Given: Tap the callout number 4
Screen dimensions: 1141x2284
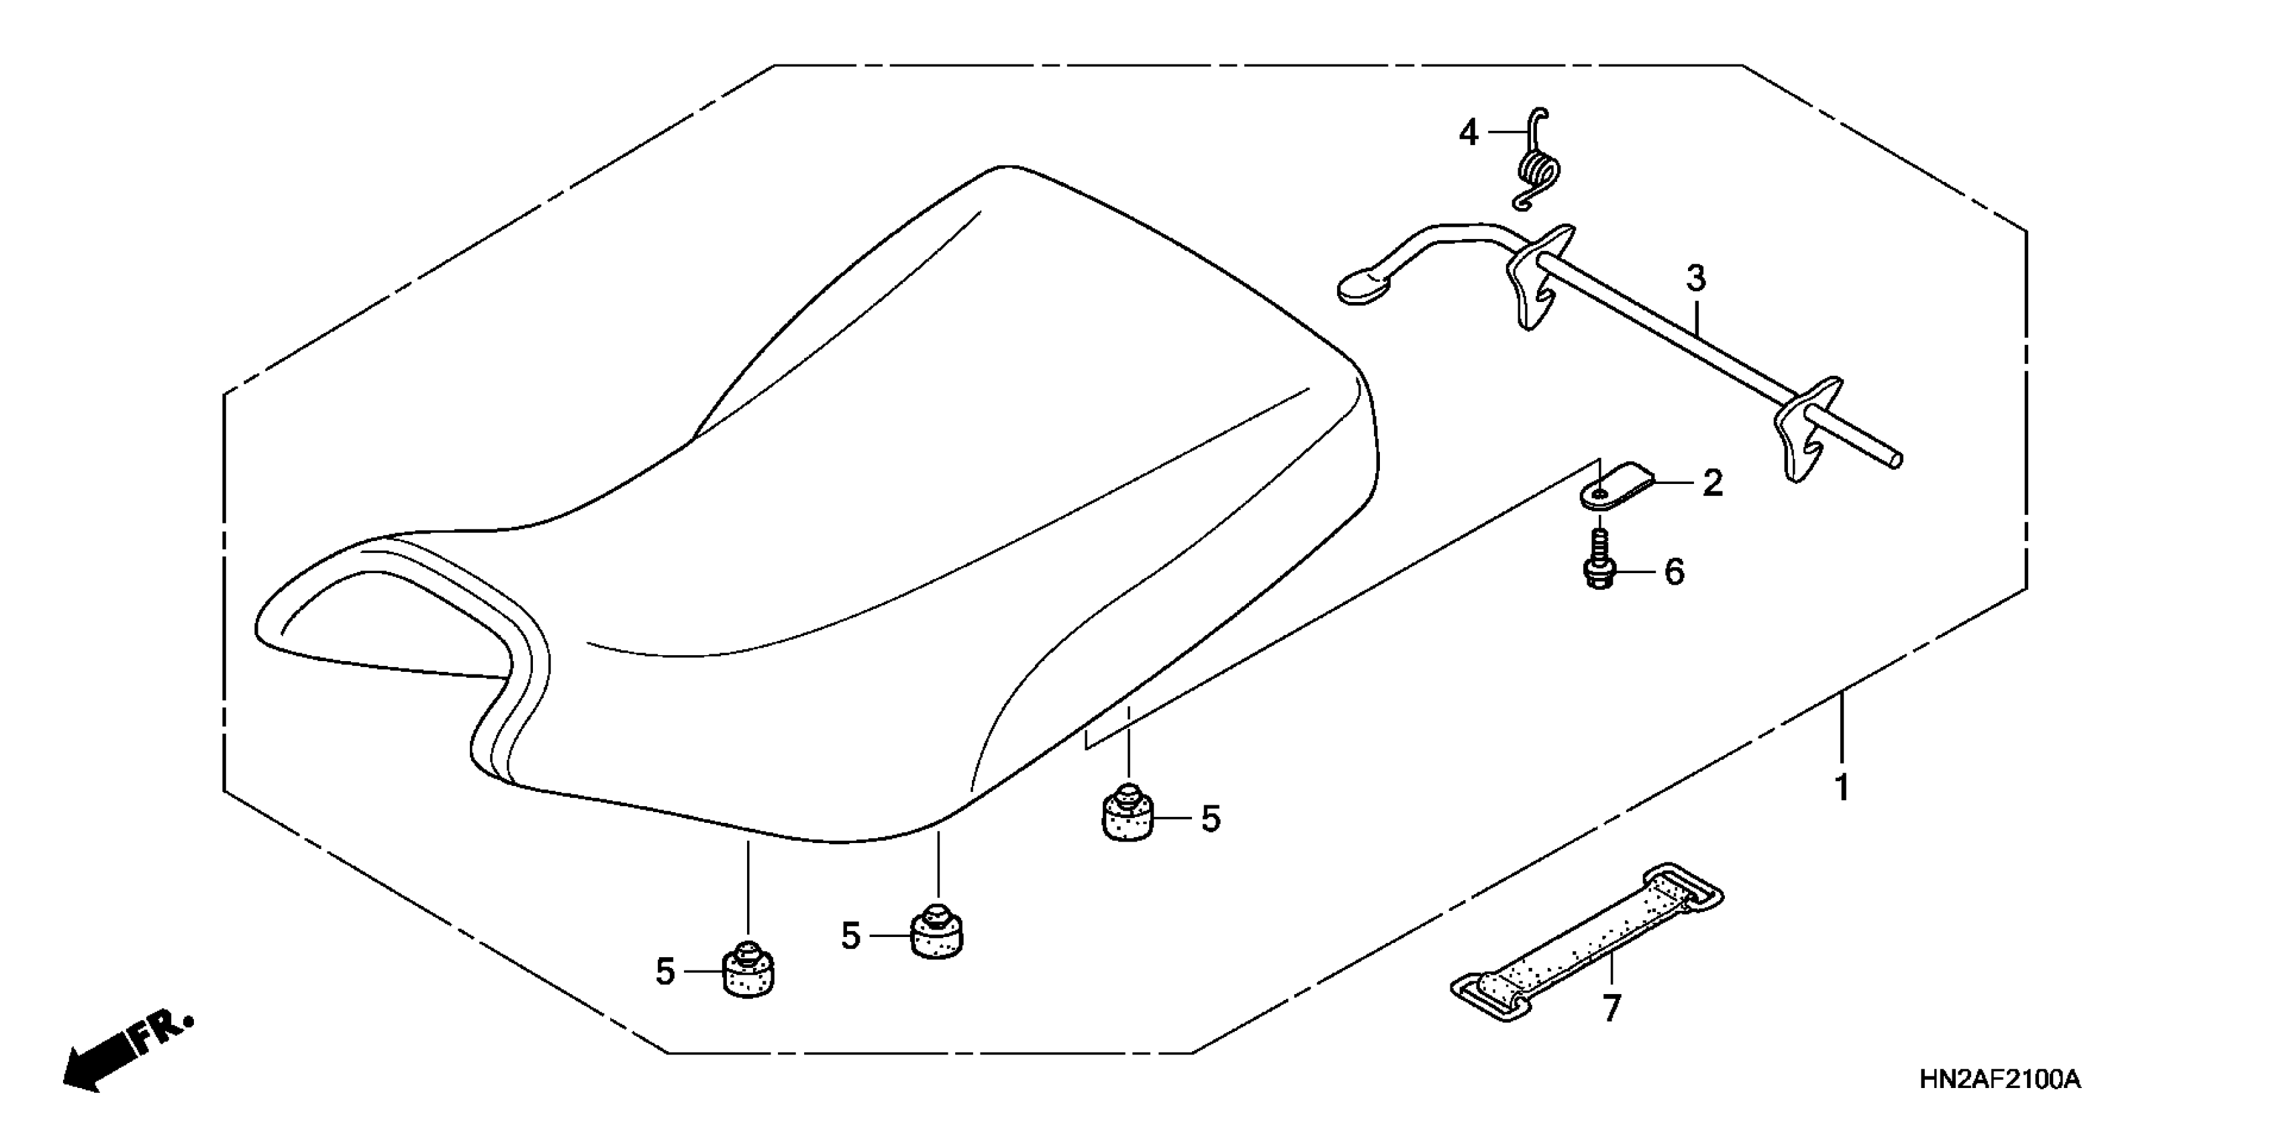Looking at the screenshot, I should pyautogui.click(x=1469, y=134).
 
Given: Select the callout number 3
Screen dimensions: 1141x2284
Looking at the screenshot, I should pyautogui.click(x=1695, y=279).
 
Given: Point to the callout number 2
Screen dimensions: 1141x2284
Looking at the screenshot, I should pyautogui.click(x=1712, y=483).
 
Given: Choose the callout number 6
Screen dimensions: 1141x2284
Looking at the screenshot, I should pyautogui.click(x=1674, y=573).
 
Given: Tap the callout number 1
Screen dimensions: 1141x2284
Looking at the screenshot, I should pyautogui.click(x=1842, y=787).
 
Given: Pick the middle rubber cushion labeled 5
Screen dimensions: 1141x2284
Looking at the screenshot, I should pyautogui.click(x=937, y=934).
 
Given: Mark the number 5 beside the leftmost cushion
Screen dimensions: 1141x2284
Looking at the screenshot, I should pyautogui.click(x=666, y=973).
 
